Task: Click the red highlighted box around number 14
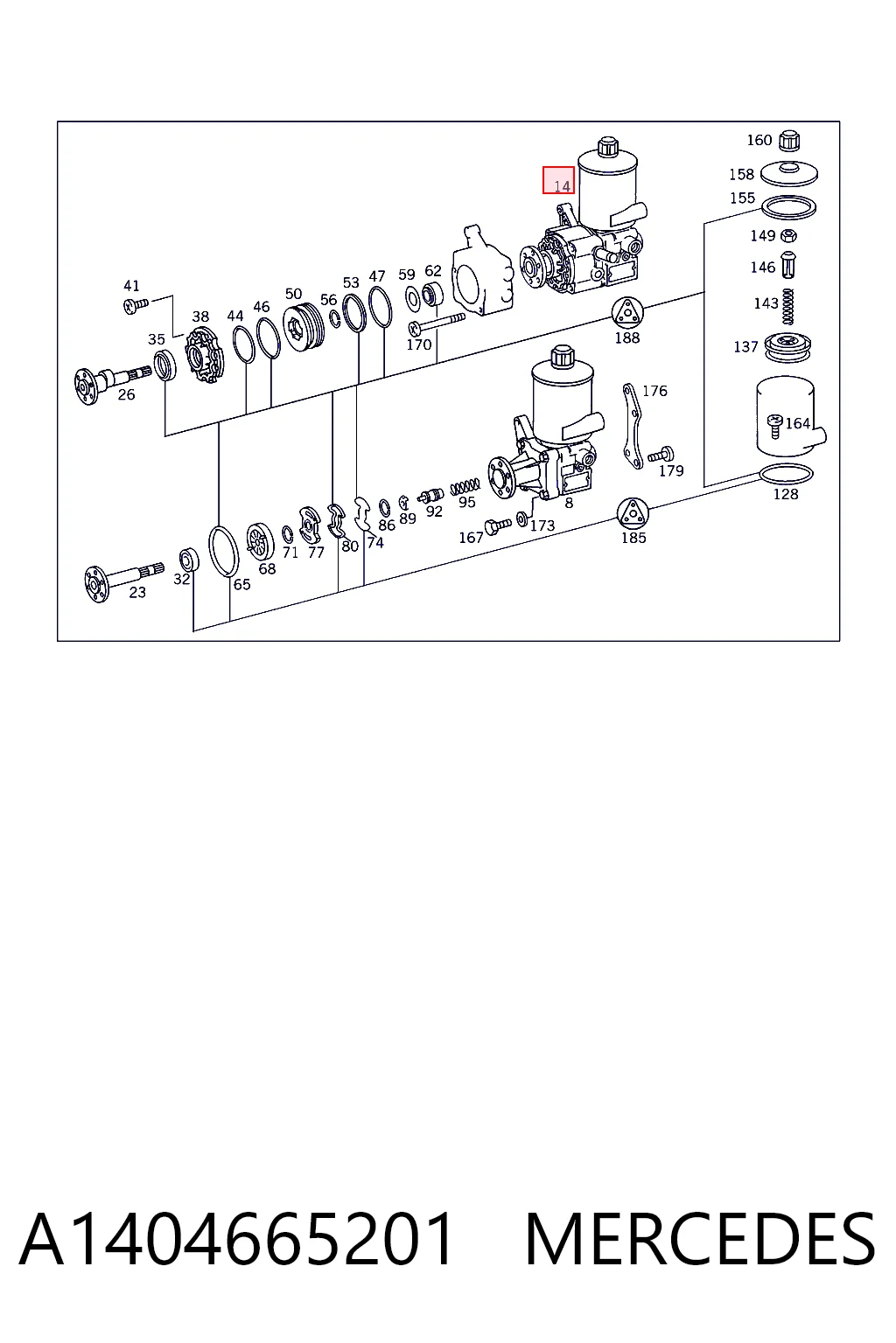[558, 180]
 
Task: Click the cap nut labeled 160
[788, 141]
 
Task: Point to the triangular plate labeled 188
[627, 312]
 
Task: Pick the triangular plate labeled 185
[633, 513]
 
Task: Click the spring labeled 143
[788, 306]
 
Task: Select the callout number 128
[786, 494]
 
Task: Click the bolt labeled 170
[437, 324]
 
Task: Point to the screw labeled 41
[136, 305]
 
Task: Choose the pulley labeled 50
[304, 328]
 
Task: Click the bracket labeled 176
[632, 426]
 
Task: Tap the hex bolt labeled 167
[498, 525]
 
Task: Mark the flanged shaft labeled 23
[123, 579]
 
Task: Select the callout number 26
[126, 394]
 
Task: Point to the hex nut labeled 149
[789, 235]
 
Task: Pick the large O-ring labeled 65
[223, 551]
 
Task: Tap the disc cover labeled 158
[789, 174]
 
